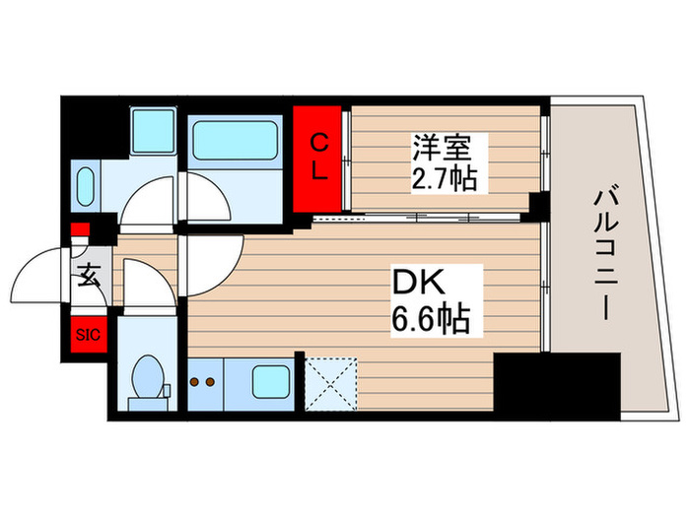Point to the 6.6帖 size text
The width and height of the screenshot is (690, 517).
426,317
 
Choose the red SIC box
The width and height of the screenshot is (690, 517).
87,335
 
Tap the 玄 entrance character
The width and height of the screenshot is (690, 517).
89,277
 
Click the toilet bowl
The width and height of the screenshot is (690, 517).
150,374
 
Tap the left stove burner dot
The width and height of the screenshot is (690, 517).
194,382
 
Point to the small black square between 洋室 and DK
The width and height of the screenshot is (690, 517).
538,205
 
